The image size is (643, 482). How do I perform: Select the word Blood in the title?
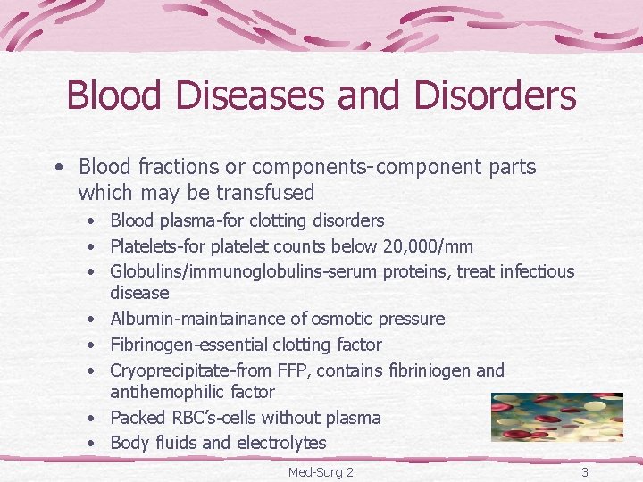(110, 96)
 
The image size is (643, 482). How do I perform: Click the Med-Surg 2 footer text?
(321, 471)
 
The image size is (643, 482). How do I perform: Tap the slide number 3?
(584, 471)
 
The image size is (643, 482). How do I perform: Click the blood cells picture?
(556, 416)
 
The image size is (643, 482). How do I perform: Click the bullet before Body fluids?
(92, 443)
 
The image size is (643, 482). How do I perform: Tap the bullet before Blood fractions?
(58, 167)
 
